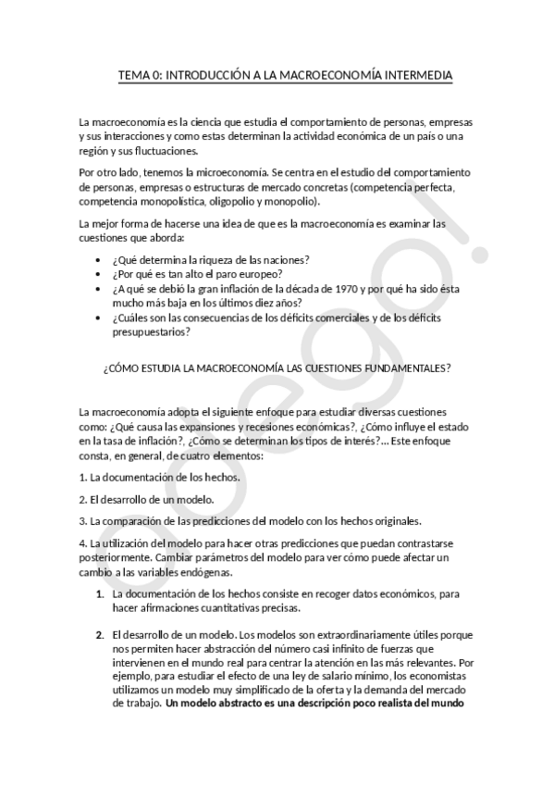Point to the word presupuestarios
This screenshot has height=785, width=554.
pos(150,331)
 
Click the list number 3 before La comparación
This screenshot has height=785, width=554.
pos(82,520)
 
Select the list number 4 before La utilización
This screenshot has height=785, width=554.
pos(82,542)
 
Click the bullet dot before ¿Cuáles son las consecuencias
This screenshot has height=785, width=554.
pos(99,317)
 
